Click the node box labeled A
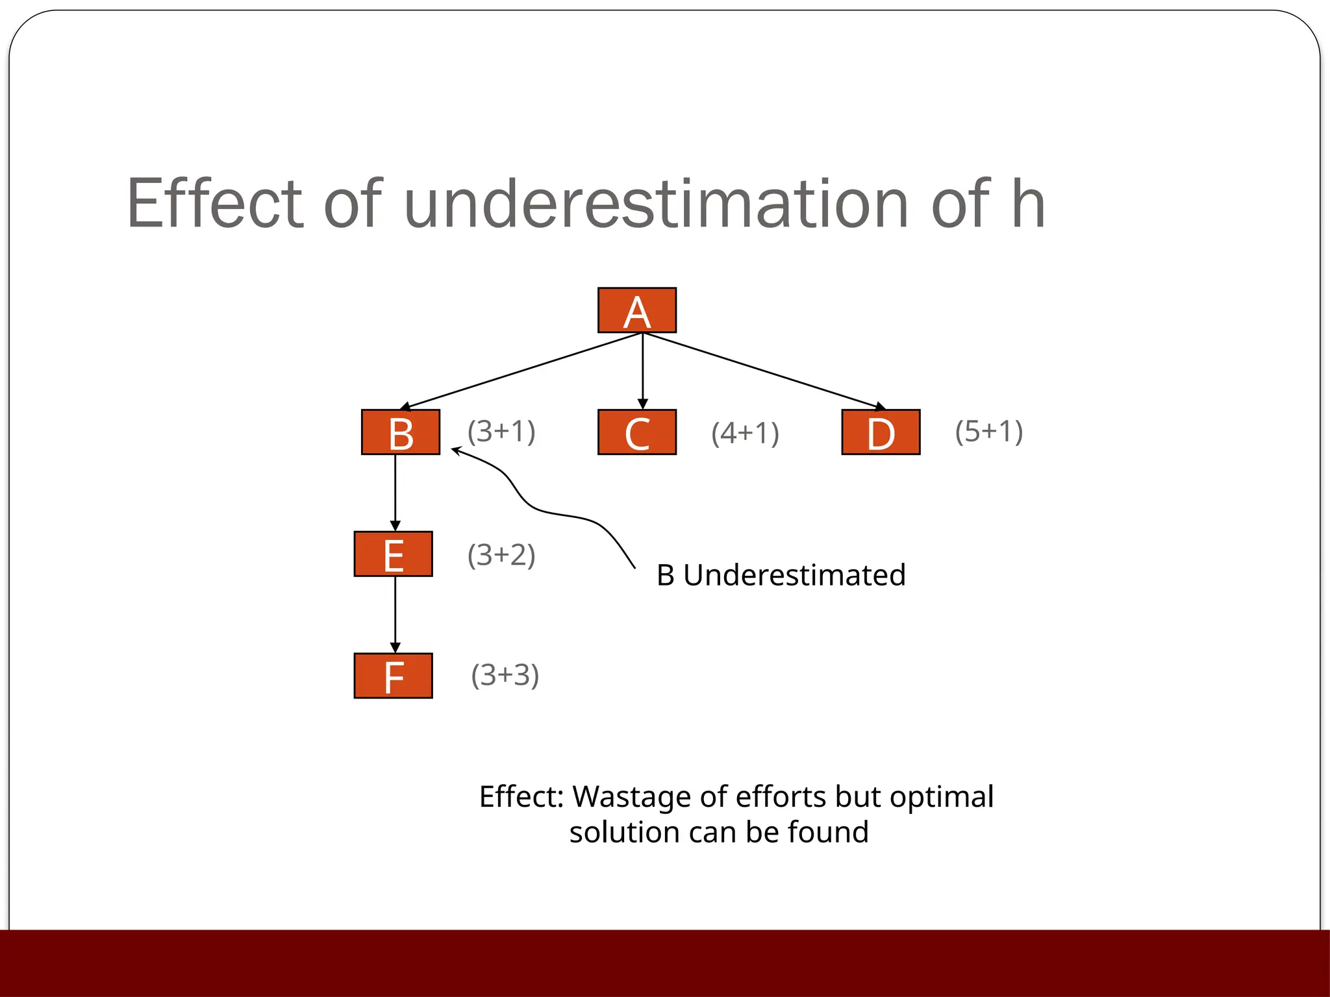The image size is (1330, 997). (x=636, y=310)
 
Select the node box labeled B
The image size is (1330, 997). (x=401, y=432)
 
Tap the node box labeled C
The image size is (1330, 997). (x=636, y=432)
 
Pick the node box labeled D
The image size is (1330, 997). (x=881, y=432)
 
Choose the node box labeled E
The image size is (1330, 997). (x=393, y=554)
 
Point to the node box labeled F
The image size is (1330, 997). (x=393, y=676)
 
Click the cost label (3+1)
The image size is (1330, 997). (x=501, y=432)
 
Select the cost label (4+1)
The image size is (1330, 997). (x=745, y=434)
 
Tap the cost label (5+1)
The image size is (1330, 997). (x=988, y=432)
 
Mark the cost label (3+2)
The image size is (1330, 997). (x=501, y=556)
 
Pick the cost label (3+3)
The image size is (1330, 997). (x=505, y=676)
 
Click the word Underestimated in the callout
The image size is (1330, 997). (x=794, y=576)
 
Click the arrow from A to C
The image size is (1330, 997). (x=642, y=370)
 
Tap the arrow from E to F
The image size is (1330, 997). (x=395, y=613)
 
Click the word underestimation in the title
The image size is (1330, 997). (x=656, y=205)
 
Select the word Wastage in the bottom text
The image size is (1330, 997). (x=630, y=797)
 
